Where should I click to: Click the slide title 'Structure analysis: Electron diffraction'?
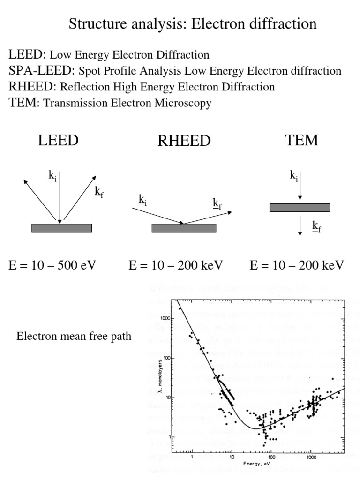193,23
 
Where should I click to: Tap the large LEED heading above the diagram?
58,140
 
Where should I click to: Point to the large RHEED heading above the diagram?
184,141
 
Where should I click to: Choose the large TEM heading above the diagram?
302,140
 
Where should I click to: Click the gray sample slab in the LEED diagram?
61,228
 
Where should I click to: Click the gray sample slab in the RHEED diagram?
184,228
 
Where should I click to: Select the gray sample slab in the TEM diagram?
300,207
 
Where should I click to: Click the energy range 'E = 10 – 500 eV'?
52,265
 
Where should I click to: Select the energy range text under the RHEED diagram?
176,265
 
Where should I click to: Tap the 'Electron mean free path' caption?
74,336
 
